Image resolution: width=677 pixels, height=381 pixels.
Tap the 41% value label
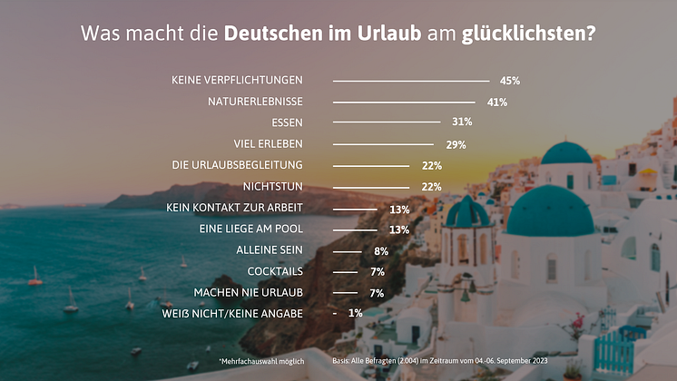tap(496, 103)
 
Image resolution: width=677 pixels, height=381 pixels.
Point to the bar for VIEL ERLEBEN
tap(386, 144)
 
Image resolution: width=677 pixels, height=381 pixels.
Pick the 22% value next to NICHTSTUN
tap(431, 187)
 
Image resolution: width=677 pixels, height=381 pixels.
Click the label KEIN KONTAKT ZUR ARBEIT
tap(234, 208)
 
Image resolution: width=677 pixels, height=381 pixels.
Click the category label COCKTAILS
tap(275, 271)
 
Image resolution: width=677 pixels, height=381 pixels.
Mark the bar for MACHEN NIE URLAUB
tap(345, 293)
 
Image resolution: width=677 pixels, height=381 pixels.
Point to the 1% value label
tap(355, 314)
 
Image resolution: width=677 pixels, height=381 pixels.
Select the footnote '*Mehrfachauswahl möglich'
tap(260, 361)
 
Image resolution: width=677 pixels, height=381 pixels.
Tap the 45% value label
tap(509, 81)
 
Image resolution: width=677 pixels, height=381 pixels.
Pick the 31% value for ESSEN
tap(462, 122)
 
